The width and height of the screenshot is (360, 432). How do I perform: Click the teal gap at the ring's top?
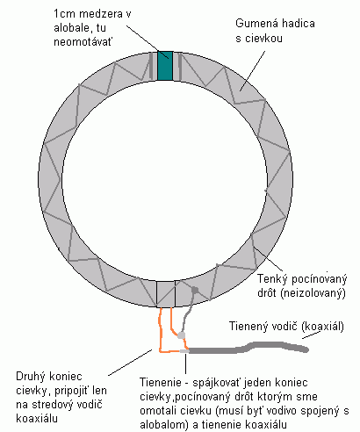[165, 66]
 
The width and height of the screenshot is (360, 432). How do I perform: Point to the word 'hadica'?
[298, 24]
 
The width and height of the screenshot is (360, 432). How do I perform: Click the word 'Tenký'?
[272, 279]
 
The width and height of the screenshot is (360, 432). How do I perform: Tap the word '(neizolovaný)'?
[313, 293]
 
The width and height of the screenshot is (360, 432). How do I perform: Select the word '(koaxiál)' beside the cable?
[322, 326]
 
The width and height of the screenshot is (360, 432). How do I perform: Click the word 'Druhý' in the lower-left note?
[32, 377]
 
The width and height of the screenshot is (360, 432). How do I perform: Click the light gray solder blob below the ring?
[182, 335]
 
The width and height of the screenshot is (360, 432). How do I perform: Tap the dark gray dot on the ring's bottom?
[195, 290]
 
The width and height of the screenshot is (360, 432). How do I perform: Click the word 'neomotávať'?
[83, 41]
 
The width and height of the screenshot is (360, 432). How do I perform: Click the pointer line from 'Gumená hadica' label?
[252, 71]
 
